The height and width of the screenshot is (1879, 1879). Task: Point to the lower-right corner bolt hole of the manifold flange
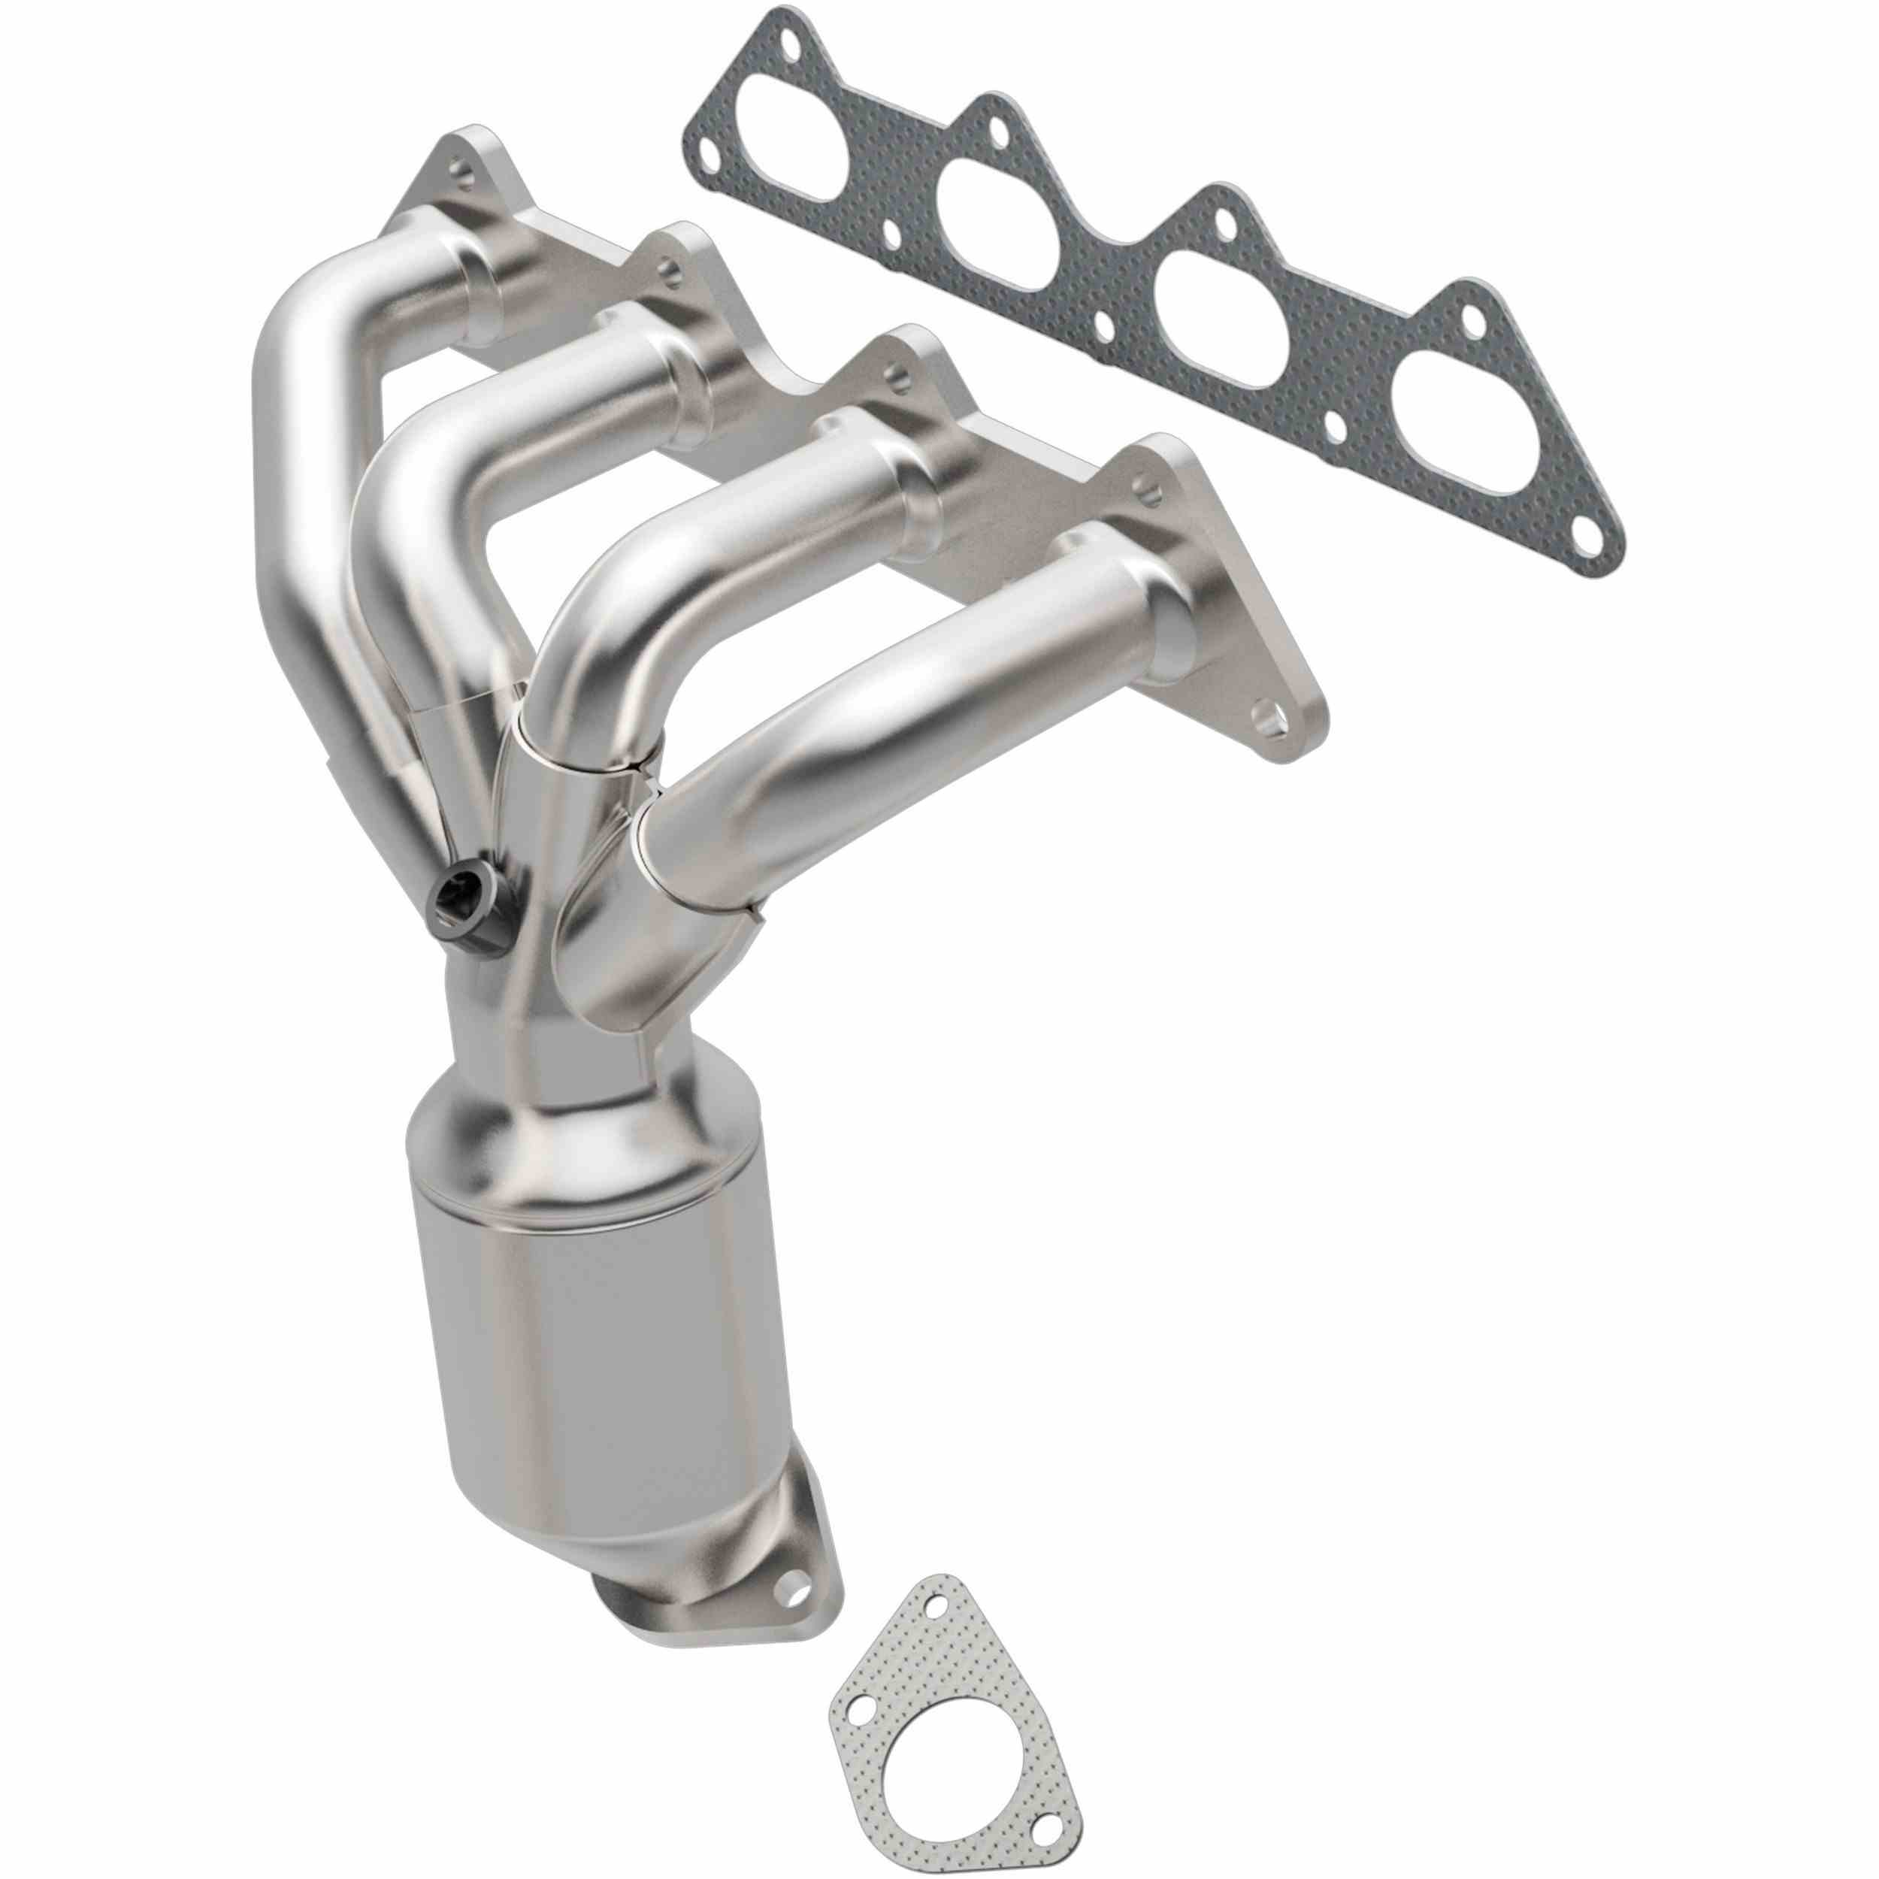pyautogui.click(x=1269, y=720)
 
